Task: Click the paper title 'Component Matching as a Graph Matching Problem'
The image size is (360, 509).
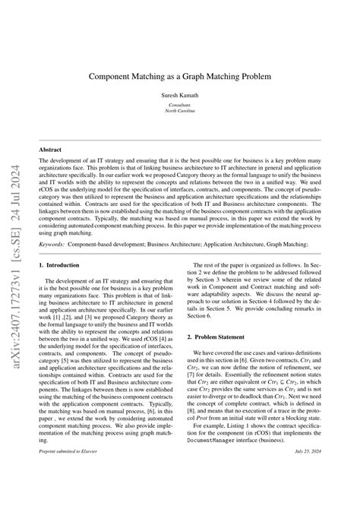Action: [x=180, y=77]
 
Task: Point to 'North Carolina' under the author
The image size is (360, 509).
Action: [x=180, y=112]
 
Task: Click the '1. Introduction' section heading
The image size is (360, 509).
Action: [x=58, y=264]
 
